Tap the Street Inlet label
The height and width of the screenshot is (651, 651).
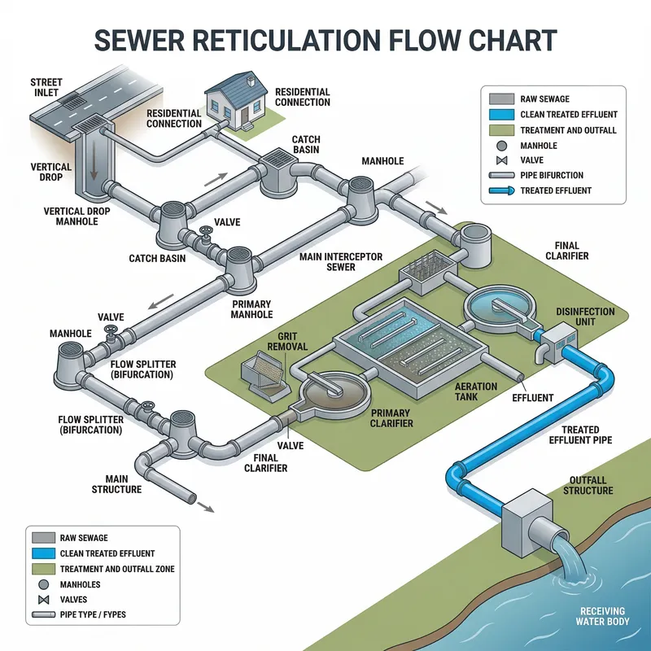tap(46, 87)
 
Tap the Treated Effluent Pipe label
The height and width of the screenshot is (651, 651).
tap(580, 435)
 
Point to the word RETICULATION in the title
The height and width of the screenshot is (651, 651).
tap(325, 40)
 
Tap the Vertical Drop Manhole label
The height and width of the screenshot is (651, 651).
tap(76, 216)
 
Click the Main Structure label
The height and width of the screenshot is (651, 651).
tap(123, 484)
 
